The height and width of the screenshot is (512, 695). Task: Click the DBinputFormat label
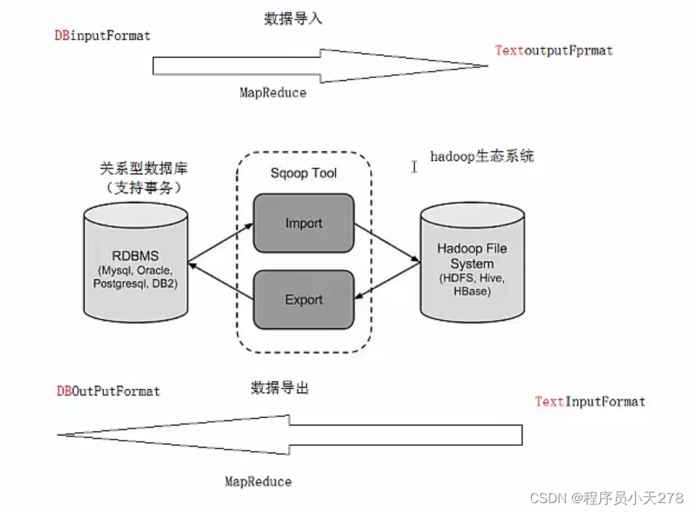click(103, 36)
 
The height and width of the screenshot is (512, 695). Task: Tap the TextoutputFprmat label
click(553, 50)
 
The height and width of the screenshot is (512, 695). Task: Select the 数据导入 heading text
click(293, 19)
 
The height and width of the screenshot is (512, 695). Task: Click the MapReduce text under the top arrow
click(273, 93)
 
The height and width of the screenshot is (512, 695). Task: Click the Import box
click(304, 222)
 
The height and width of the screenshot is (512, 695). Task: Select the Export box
click(304, 300)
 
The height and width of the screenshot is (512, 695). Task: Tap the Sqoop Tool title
click(304, 173)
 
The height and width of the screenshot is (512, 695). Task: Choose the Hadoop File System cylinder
click(472, 263)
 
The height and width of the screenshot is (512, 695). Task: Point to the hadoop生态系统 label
click(482, 156)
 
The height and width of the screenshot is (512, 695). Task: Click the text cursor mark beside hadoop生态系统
click(414, 166)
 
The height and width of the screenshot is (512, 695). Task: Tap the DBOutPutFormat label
click(108, 390)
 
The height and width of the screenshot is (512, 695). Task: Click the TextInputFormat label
click(590, 402)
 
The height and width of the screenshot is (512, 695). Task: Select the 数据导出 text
click(279, 387)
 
